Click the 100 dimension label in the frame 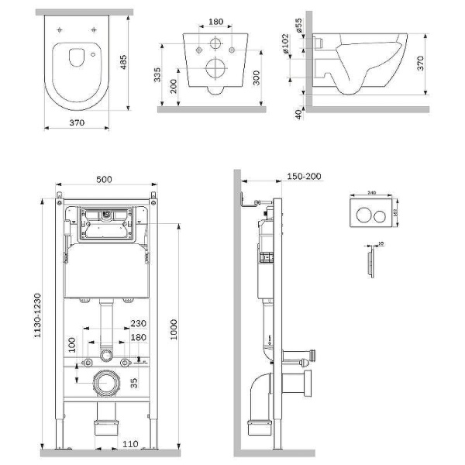coord(73,345)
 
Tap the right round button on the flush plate coord(381,215)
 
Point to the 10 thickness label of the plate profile coord(380,243)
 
